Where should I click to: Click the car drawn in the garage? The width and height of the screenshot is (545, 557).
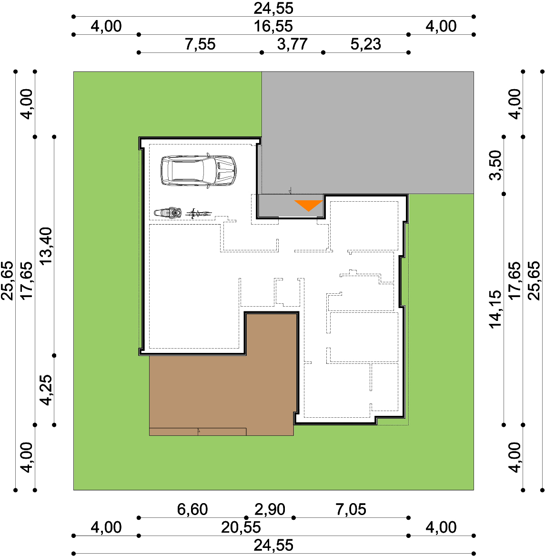198,170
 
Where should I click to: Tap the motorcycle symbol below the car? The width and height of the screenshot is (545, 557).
168,213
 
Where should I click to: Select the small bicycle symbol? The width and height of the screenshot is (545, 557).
199,214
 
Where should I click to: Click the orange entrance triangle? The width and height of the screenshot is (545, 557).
308,206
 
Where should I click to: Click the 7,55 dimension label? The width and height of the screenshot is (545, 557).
200,44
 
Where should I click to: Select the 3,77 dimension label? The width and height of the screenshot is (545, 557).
293,44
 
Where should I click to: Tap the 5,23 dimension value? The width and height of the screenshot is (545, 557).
365,44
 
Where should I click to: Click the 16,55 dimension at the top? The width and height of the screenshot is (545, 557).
273,26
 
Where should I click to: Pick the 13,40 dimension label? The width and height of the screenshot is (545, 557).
46,246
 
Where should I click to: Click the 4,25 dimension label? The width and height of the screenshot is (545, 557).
46,390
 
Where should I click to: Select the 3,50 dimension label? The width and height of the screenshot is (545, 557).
495,165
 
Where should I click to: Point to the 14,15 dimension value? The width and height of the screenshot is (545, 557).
495,309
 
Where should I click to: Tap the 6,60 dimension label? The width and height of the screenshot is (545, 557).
192,509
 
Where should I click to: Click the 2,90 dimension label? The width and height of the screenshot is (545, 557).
270,509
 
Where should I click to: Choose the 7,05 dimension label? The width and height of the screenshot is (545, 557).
351,509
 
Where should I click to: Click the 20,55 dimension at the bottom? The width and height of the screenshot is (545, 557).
241,527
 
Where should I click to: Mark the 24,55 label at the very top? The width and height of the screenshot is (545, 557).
273,9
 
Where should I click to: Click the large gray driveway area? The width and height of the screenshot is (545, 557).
368,133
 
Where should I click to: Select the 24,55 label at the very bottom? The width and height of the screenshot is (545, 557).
273,546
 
